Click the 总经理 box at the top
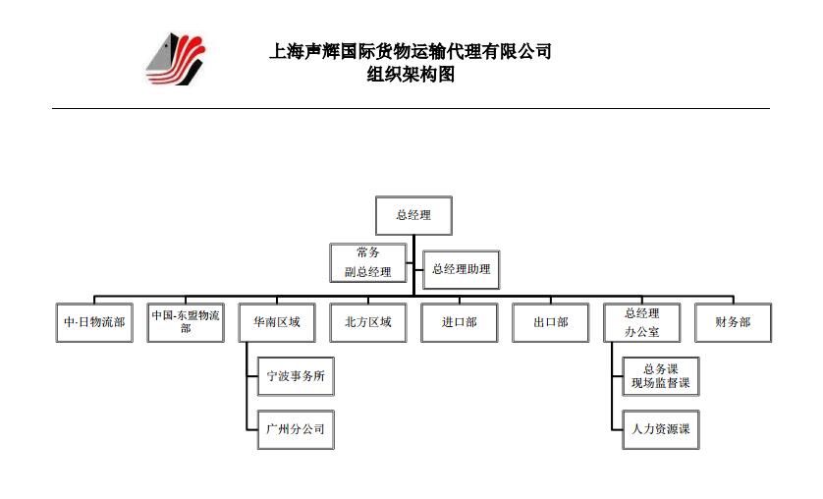pyautogui.click(x=413, y=216)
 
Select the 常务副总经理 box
pyautogui.click(x=368, y=263)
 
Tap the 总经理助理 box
pyautogui.click(x=461, y=270)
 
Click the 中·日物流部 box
pyautogui.click(x=94, y=323)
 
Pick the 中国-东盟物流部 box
pyautogui.click(x=186, y=323)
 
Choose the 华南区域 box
pyautogui.click(x=277, y=323)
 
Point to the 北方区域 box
pyautogui.click(x=368, y=323)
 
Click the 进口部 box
pyautogui.click(x=460, y=323)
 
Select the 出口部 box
pyautogui.click(x=551, y=323)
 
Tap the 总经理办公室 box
pyautogui.click(x=642, y=323)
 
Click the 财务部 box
pyautogui.click(x=734, y=323)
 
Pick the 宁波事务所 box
pyautogui.click(x=296, y=376)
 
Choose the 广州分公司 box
pyautogui.click(x=296, y=429)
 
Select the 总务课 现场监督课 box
pyautogui.click(x=661, y=376)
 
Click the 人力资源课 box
pyautogui.click(x=661, y=429)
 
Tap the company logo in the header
pyautogui.click(x=176, y=59)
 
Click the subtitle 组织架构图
pyautogui.click(x=411, y=75)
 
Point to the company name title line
pyautogui.click(x=411, y=51)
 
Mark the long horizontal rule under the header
pyautogui.click(x=411, y=109)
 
